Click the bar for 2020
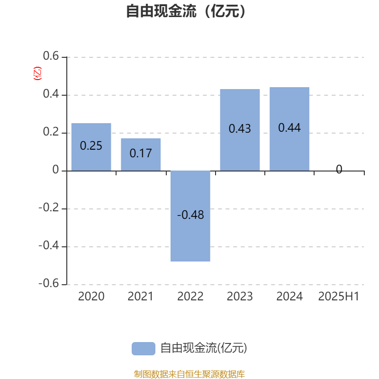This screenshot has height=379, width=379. tap(91, 147)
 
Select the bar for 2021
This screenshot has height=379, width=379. tap(141, 155)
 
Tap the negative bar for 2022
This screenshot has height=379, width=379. tap(190, 216)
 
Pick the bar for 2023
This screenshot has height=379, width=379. tap(240, 130)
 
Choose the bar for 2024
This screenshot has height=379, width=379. tap(289, 129)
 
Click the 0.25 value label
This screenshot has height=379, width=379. tap(91, 146)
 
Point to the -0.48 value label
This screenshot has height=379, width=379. tap(190, 215)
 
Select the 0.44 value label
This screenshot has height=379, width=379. tap(289, 127)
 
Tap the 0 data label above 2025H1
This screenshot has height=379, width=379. tap(339, 169)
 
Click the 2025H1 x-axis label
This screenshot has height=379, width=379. tap(339, 297)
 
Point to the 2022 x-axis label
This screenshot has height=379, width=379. tap(190, 297)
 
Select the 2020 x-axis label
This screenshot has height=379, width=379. tap(91, 297)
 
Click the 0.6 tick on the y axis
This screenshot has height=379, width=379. tap(51, 56)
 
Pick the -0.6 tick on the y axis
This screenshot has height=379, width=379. tap(49, 283)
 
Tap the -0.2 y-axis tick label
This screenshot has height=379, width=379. tap(49, 208)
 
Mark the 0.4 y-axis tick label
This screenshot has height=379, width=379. tap(51, 94)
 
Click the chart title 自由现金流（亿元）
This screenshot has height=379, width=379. tap(186, 11)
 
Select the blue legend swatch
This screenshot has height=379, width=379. tap(144, 349)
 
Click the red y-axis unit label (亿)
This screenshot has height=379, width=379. tap(37, 73)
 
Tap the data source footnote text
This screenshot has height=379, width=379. tap(189, 374)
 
